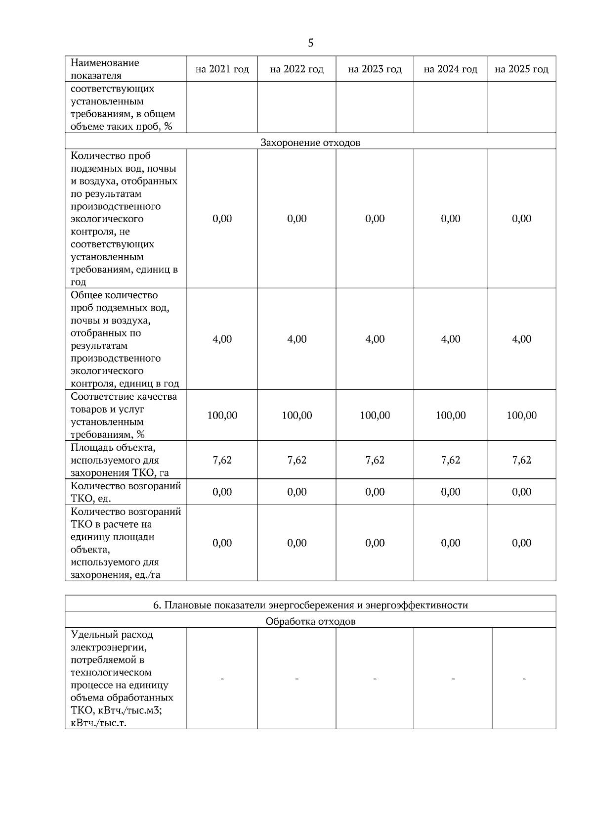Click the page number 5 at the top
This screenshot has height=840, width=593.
[x=310, y=43]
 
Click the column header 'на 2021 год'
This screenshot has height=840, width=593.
[x=222, y=69]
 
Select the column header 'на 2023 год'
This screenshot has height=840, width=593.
[x=375, y=69]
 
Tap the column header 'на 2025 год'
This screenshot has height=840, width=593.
[x=521, y=69]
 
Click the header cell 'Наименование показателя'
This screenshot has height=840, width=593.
[x=105, y=69]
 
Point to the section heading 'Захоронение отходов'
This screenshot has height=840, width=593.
[x=310, y=143]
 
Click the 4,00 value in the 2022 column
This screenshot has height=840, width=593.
[x=296, y=339]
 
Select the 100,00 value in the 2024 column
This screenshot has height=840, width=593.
[x=450, y=415]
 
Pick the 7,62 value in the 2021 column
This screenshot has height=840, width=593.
[x=222, y=460]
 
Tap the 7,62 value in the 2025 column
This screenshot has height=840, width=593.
[x=521, y=460]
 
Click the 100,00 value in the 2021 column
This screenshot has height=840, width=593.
[x=222, y=415]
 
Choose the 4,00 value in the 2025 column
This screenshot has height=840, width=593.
[x=521, y=339]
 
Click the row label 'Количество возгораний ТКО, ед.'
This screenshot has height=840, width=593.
[x=126, y=492]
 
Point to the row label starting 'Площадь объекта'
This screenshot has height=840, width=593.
[x=119, y=460]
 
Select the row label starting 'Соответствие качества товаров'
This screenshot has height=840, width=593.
[x=124, y=415]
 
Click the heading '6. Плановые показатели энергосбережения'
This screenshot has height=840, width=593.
[x=310, y=605]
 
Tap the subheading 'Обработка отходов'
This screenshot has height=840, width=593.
[x=310, y=621]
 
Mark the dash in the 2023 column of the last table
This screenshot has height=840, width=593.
[x=375, y=679]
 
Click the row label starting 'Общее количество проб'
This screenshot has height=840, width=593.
[x=125, y=339]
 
